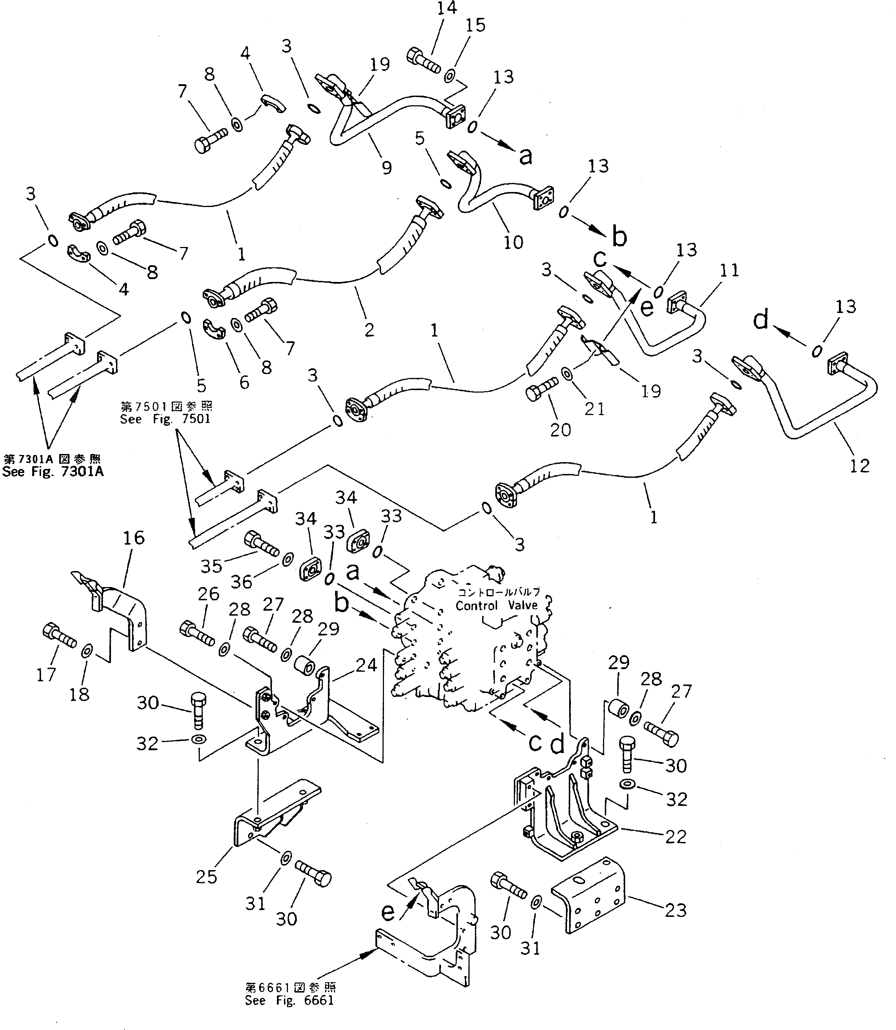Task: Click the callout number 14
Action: coord(446,9)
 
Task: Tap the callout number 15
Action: coord(476,25)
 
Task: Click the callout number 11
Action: coord(729,271)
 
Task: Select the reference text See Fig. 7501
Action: coord(166,419)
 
